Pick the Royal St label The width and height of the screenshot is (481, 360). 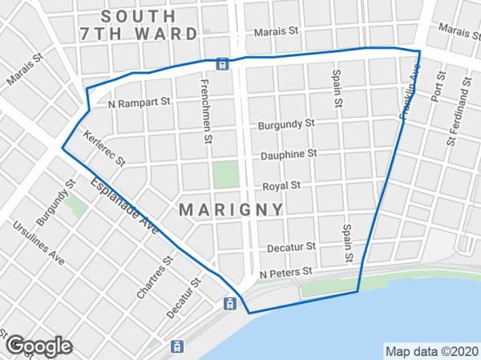click(281, 185)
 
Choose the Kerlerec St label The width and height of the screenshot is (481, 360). click(104, 148)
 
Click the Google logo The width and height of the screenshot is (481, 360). click(37, 346)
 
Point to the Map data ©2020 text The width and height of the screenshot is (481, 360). click(431, 351)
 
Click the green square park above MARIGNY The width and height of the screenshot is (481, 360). click(226, 174)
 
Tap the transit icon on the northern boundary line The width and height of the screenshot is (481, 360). click(222, 63)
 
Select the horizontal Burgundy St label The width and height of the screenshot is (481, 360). click(286, 126)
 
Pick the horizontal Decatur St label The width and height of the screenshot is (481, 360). click(293, 248)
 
